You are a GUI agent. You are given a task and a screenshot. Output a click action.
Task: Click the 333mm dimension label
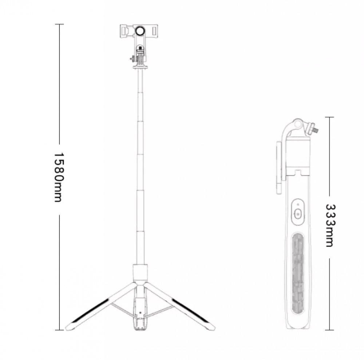[330, 225]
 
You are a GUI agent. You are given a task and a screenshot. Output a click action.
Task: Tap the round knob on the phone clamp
[140, 31]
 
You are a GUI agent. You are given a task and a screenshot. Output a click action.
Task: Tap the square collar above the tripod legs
[140, 272]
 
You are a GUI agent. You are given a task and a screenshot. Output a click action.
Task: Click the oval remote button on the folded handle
[298, 212]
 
